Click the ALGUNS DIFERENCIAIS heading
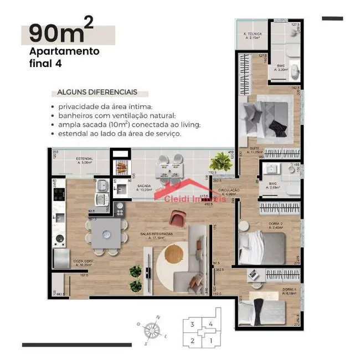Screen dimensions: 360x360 click(x=94, y=92)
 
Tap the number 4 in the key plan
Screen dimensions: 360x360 click(x=210, y=325)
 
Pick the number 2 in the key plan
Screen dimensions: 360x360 click(x=192, y=340)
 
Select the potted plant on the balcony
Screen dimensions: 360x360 click(x=223, y=162)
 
